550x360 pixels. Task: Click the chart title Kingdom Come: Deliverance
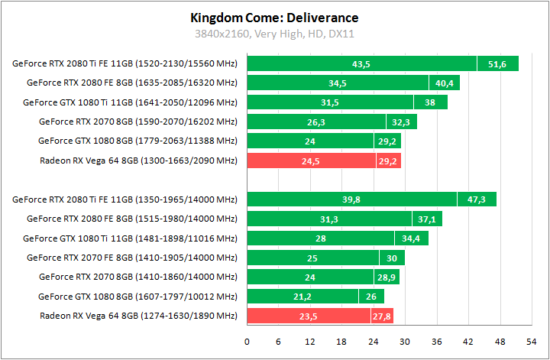pyautogui.click(x=274, y=18)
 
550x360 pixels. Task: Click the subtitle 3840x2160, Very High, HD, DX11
pyautogui.click(x=274, y=34)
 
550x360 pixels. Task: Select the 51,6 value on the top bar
pyautogui.click(x=497, y=63)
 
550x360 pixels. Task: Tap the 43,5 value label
pyautogui.click(x=361, y=63)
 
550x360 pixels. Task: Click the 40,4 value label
pyautogui.click(x=443, y=83)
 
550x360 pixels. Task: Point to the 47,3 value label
pyautogui.click(x=477, y=199)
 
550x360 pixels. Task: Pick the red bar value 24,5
pyautogui.click(x=311, y=161)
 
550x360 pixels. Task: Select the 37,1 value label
pyautogui.click(x=426, y=219)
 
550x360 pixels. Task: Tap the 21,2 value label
pyautogui.click(x=302, y=297)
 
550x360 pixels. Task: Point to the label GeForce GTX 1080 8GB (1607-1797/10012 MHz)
pyautogui.click(x=138, y=297)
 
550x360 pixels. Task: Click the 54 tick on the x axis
pyautogui.click(x=532, y=341)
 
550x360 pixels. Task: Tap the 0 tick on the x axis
pyautogui.click(x=247, y=341)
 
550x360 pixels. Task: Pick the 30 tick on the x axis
pyautogui.click(x=405, y=341)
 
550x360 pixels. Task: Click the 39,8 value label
pyautogui.click(x=351, y=199)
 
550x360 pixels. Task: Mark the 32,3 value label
pyautogui.click(x=400, y=122)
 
